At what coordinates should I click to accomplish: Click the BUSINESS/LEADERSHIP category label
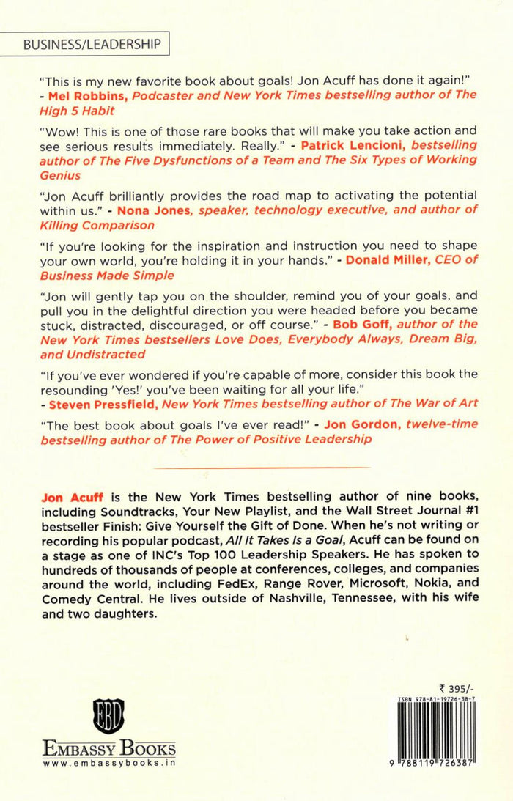point(92,44)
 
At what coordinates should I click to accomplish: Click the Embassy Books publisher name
point(108,748)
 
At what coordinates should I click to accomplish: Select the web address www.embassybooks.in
point(108,764)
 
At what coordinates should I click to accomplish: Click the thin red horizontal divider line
point(256,467)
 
